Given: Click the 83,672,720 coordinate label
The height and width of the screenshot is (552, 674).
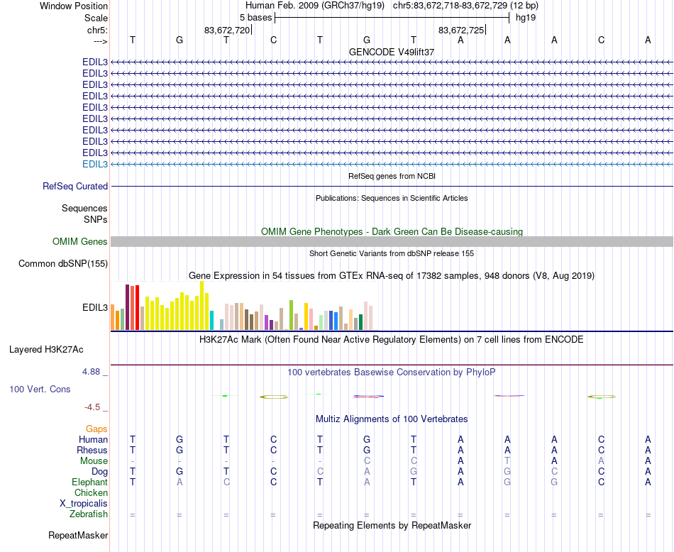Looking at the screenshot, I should (226, 30).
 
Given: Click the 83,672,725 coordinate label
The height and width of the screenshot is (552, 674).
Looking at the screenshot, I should (461, 30).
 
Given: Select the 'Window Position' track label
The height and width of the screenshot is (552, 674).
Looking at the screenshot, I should (74, 6).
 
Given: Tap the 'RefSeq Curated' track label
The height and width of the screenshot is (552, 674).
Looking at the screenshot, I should (75, 186).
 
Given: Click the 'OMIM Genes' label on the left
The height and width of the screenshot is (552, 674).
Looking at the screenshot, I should (80, 242).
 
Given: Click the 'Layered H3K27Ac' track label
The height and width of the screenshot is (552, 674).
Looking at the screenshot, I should (46, 349).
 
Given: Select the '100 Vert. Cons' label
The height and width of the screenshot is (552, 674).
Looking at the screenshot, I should (40, 390).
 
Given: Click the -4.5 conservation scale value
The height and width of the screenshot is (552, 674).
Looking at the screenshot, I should (93, 407).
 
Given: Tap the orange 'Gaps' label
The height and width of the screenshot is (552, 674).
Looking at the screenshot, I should (96, 429).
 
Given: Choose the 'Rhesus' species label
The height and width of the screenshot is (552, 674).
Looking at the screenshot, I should (92, 450).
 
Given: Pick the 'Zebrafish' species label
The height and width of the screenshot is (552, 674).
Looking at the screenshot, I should (89, 514).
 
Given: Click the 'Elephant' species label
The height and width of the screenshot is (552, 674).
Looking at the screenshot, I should (89, 482).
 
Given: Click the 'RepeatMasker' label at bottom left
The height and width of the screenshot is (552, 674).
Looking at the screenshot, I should (78, 535).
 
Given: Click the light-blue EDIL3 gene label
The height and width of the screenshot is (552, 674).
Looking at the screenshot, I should (95, 164).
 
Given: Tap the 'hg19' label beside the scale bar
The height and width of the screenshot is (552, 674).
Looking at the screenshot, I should (526, 17).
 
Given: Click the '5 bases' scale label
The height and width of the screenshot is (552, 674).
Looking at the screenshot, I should (255, 17).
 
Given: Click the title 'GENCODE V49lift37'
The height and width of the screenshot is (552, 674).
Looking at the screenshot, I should (392, 52).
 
